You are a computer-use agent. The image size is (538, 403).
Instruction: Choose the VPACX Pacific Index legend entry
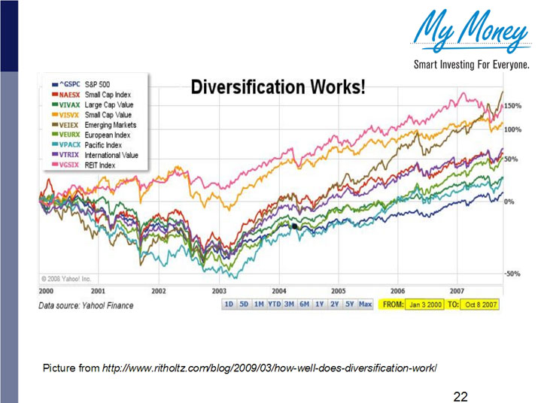pyautogui.click(x=91, y=144)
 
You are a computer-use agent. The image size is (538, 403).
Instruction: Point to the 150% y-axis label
pyautogui.click(x=514, y=107)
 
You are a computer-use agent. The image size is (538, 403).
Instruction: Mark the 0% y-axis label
pyautogui.click(x=509, y=202)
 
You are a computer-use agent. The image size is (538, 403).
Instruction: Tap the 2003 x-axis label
pyautogui.click(x=219, y=290)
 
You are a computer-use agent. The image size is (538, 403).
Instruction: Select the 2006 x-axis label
pyautogui.click(x=398, y=290)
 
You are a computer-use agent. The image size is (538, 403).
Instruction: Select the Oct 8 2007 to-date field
pyautogui.click(x=479, y=305)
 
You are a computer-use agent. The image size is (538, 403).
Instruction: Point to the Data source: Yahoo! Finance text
pyautogui.click(x=86, y=305)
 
